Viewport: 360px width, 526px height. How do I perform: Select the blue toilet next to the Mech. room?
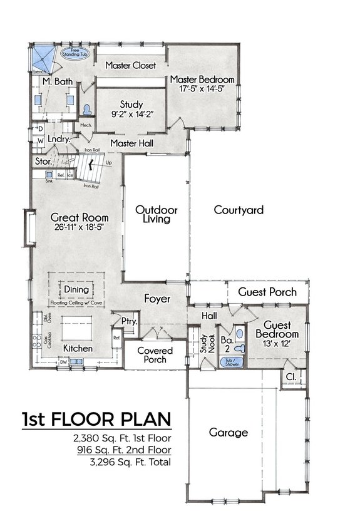86,108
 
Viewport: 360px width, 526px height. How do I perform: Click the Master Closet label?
130,65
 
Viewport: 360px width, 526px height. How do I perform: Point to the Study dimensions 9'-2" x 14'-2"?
131,114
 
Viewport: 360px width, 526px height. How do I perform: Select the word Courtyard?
238,210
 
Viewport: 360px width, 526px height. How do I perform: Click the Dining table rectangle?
76,289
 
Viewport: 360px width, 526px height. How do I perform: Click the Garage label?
229,432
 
